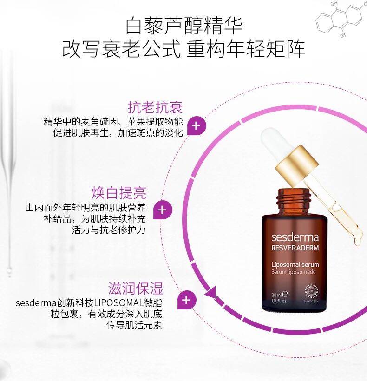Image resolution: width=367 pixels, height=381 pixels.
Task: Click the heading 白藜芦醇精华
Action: [x=184, y=26]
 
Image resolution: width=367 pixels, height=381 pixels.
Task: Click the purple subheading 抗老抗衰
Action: [x=155, y=107]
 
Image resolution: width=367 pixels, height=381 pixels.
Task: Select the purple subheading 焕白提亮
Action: [x=119, y=193]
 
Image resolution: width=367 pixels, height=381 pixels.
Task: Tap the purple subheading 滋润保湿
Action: [x=136, y=289]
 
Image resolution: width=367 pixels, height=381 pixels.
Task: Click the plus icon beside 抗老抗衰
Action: [x=196, y=126]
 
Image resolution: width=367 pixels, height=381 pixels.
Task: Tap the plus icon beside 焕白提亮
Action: [x=162, y=210]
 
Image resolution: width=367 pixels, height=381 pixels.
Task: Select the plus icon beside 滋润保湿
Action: [x=186, y=300]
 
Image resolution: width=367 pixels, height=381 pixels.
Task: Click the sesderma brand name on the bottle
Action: [x=295, y=237]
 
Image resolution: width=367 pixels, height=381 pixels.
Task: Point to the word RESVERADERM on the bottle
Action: [x=295, y=248]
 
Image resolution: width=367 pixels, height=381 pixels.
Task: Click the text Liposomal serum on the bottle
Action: [x=295, y=265]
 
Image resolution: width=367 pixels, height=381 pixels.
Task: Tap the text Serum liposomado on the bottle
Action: [x=294, y=272]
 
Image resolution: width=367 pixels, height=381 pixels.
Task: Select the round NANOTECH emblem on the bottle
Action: [x=311, y=291]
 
